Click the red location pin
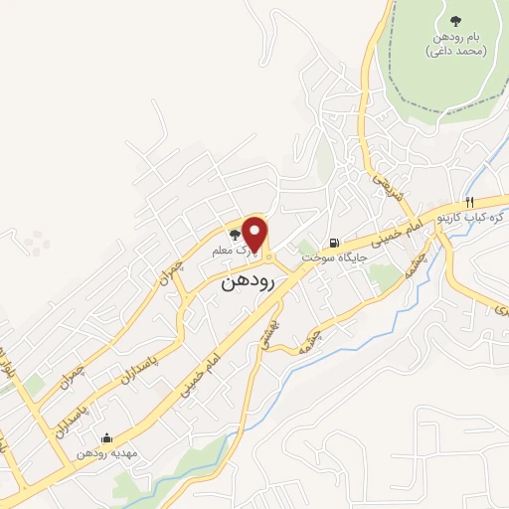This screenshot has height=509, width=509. [255, 234]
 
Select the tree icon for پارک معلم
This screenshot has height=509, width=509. [235, 236]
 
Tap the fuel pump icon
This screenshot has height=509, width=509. [332, 242]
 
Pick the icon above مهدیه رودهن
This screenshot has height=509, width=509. [106, 436]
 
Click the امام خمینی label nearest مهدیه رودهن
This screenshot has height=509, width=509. [195, 380]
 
